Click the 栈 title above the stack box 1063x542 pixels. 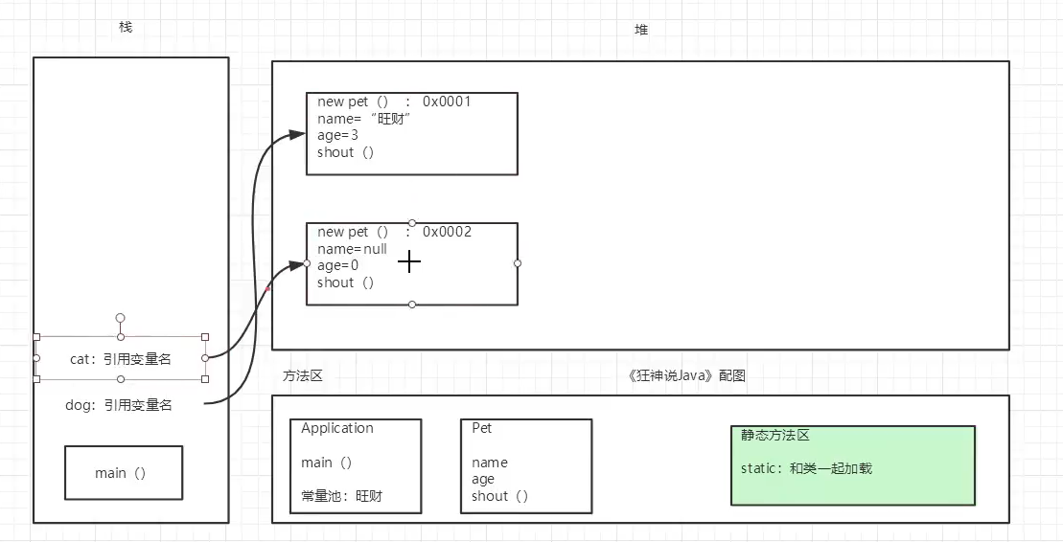tap(126, 27)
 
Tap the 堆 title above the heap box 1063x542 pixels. tap(641, 30)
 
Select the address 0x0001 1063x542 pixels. tap(447, 102)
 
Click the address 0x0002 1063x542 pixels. tap(447, 232)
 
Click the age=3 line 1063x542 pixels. tap(338, 136)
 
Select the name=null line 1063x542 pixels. tap(352, 249)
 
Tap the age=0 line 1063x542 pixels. tap(338, 265)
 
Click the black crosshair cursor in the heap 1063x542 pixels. tap(409, 261)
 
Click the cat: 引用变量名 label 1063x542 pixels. tap(121, 359)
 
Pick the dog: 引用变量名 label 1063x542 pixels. tap(119, 405)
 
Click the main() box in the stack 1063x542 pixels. tap(123, 473)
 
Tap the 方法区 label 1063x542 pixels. tap(303, 376)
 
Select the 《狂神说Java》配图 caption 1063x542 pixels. tap(685, 376)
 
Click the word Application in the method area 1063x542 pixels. tap(337, 428)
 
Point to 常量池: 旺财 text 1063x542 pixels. tap(347, 496)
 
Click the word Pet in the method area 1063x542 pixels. tap(481, 428)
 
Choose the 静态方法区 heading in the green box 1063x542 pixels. tap(775, 435)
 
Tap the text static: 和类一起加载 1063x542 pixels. tap(806, 468)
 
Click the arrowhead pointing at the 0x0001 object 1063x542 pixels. tap(296, 135)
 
